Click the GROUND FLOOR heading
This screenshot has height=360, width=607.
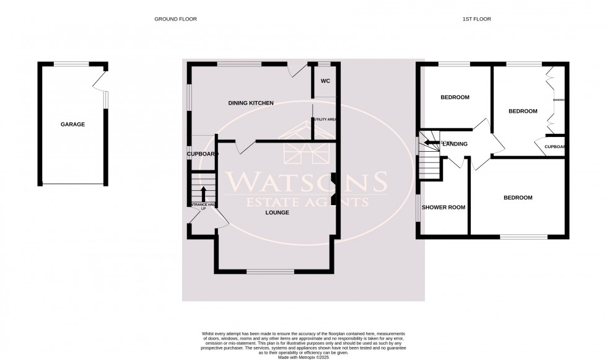pyautogui.click(x=175, y=19)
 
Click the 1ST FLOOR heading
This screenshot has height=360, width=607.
pyautogui.click(x=476, y=19)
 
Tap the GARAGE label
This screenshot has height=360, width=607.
pyautogui.click(x=72, y=125)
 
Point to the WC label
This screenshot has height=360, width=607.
pyautogui.click(x=325, y=81)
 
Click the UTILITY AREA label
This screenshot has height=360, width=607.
pyautogui.click(x=325, y=119)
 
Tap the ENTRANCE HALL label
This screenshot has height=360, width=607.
pyautogui.click(x=203, y=205)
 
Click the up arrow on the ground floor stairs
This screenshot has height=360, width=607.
pyautogui.click(x=203, y=191)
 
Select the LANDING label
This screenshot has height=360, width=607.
pyautogui.click(x=455, y=144)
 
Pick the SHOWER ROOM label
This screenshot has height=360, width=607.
pyautogui.click(x=443, y=208)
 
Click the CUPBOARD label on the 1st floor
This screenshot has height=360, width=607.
pyautogui.click(x=555, y=147)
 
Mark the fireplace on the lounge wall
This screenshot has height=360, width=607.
pyautogui.click(x=334, y=188)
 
